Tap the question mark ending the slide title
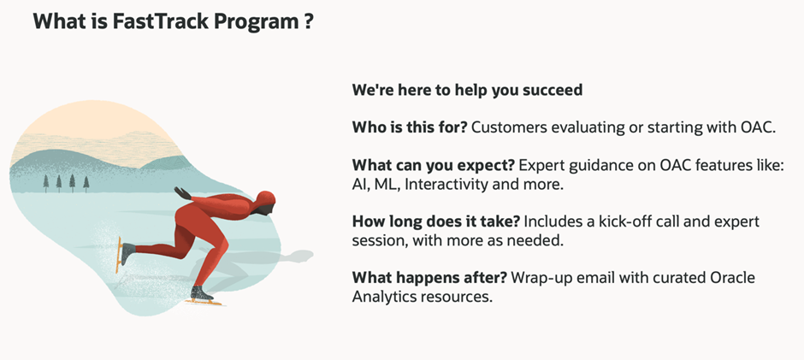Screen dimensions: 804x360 coord(308,21)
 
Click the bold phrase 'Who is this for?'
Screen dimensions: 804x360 coord(409,127)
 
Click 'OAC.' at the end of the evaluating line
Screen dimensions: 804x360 coord(760,127)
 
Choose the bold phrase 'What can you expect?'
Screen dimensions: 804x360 coord(433,166)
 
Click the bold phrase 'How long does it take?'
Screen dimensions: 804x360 coord(436,222)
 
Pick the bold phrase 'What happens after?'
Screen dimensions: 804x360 coord(429,279)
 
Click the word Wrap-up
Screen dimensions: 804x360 coord(542,279)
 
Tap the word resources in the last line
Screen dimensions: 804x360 coord(456,297)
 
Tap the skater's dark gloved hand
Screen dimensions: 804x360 coord(181,192)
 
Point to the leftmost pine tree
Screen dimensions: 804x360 coord(46,183)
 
